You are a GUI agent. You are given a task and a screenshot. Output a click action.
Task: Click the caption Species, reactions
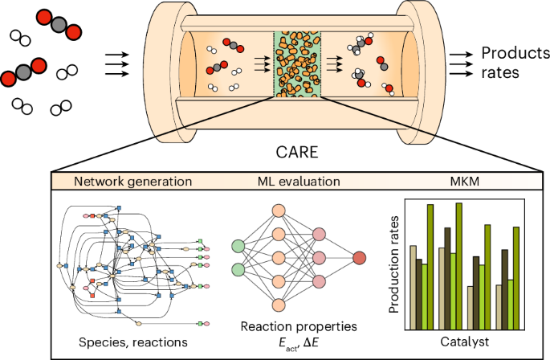pyautogui.click(x=132, y=342)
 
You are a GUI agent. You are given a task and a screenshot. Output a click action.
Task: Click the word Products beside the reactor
pyautogui.click(x=510, y=55)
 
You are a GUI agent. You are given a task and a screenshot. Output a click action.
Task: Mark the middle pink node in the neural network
pyautogui.click(x=319, y=258)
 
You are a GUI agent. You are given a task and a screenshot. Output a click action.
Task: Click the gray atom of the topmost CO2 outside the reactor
pyautogui.click(x=60, y=24)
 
